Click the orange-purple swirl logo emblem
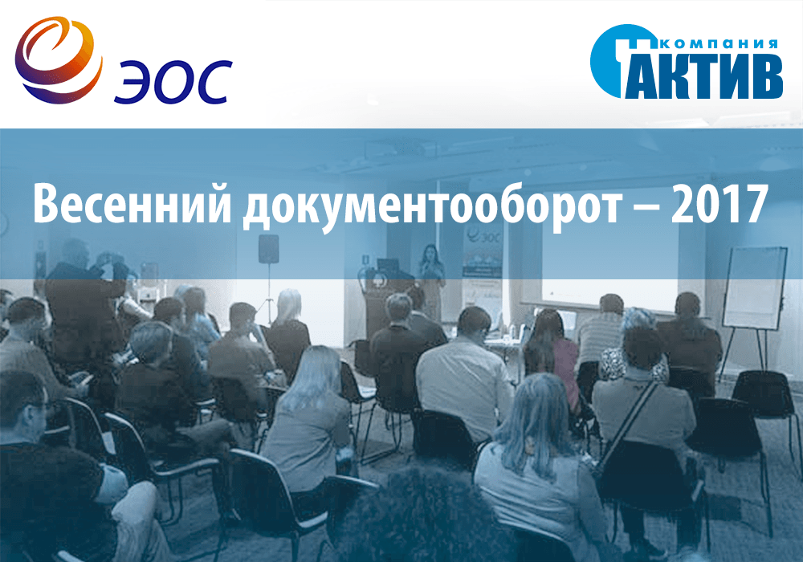coord(59,60)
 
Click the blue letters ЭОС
coord(173,82)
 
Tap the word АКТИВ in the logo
coord(703,75)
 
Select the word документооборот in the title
coord(431,208)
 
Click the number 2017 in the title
coord(719,204)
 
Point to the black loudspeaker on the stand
coord(268,249)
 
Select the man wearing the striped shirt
coord(601,332)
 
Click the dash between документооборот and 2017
coord(646,208)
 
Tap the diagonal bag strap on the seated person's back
coord(628,420)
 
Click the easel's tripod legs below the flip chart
coord(748,354)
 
